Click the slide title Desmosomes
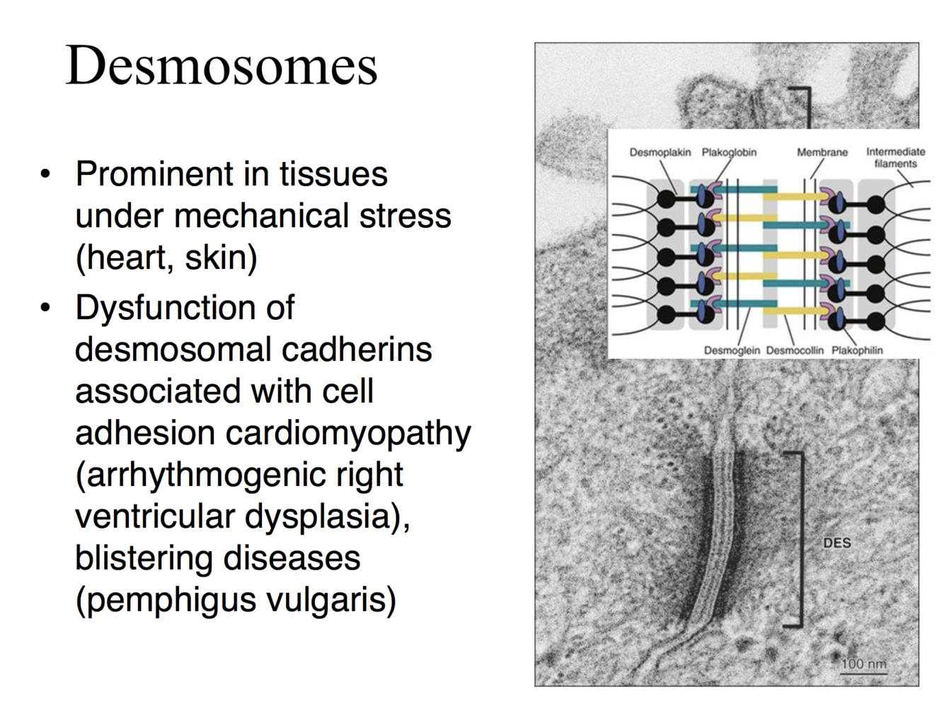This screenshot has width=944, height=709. pyautogui.click(x=221, y=66)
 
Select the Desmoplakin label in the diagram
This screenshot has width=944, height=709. pyautogui.click(x=660, y=152)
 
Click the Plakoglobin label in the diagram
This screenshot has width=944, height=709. pyautogui.click(x=729, y=152)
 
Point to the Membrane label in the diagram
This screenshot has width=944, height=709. pyautogui.click(x=822, y=152)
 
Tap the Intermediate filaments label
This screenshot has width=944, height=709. pyautogui.click(x=895, y=157)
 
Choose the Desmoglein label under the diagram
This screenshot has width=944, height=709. pyautogui.click(x=731, y=350)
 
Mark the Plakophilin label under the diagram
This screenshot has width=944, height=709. pyautogui.click(x=856, y=350)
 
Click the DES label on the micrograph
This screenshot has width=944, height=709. pyautogui.click(x=836, y=543)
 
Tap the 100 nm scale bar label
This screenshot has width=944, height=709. pyautogui.click(x=863, y=664)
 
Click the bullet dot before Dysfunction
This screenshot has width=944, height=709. pyautogui.click(x=46, y=308)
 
